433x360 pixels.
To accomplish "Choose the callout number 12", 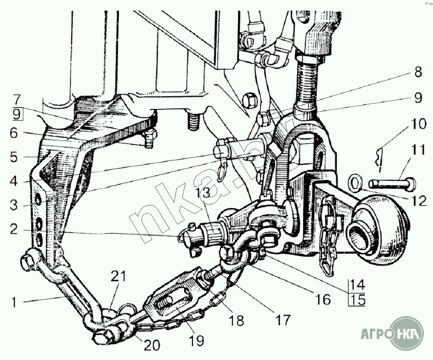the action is click(419, 201).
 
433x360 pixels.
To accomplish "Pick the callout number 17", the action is click(282, 320).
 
